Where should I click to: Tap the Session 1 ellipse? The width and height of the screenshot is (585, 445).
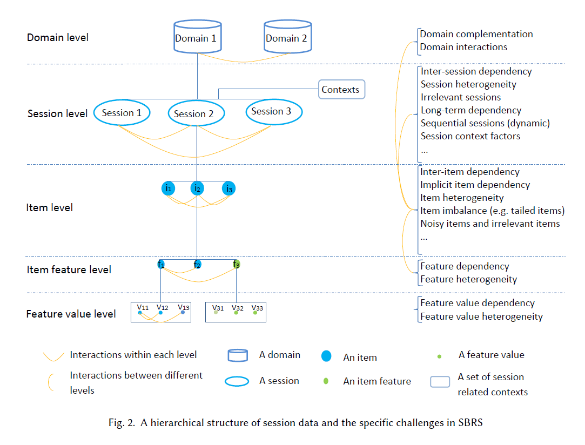tap(122, 112)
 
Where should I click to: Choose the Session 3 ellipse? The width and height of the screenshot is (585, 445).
tap(274, 111)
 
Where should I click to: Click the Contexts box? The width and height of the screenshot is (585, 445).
tap(341, 90)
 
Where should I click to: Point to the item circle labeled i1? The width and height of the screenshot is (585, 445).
tap(169, 188)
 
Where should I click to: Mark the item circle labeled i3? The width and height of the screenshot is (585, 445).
tap(229, 188)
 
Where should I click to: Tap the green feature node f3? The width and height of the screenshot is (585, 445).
tap(237, 264)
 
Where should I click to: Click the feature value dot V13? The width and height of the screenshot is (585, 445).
tap(183, 312)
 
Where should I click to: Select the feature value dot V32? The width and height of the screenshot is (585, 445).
tap(236, 312)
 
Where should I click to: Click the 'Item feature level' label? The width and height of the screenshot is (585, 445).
tap(69, 269)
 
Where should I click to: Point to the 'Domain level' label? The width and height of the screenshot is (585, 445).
tap(58, 37)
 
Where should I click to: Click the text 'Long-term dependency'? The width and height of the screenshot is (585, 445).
tap(471, 110)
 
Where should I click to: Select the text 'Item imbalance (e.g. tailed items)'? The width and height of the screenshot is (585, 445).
tap(492, 211)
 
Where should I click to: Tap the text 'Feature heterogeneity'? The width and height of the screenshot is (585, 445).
tap(468, 279)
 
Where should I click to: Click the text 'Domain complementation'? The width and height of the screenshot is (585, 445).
tap(476, 34)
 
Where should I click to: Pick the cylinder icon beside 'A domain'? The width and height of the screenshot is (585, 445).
tap(238, 355)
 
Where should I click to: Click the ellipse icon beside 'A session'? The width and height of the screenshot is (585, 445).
tap(237, 381)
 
